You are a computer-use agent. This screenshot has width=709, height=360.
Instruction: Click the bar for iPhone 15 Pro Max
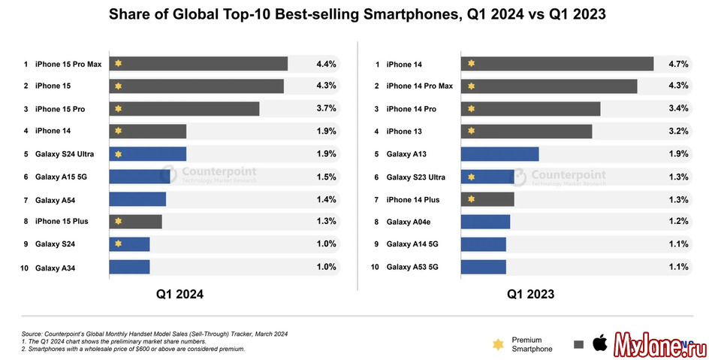coord(198,64)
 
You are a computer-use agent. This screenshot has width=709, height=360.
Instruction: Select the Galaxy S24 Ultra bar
coord(148,154)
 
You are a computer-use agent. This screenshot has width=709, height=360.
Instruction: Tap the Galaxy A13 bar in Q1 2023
coord(499,154)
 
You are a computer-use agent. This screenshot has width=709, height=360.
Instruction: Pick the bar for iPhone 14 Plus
coord(487,199)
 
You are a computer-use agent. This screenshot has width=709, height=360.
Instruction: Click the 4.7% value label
coord(678,64)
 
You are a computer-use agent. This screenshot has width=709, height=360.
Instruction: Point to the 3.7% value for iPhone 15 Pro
coord(326,109)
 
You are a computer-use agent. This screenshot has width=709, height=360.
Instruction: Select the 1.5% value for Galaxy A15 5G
coord(326,177)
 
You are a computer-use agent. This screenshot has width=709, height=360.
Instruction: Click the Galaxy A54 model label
coord(54,199)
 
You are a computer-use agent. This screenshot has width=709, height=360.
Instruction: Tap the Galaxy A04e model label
coord(409,222)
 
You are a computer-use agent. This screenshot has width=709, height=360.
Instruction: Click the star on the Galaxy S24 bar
coord(118,244)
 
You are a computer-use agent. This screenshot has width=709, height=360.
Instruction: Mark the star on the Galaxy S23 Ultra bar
coord(471,177)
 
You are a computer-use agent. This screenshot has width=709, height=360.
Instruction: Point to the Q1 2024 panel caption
coord(180,295)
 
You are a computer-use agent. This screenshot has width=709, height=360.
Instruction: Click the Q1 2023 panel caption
coord(531,295)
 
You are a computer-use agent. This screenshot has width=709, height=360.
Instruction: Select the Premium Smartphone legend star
coord(497,344)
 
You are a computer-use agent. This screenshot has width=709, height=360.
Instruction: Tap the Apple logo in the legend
coord(599,344)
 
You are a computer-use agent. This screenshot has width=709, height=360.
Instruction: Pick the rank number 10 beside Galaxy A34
coord(24,268)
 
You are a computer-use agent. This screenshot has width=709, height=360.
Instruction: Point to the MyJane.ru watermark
coord(659,344)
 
